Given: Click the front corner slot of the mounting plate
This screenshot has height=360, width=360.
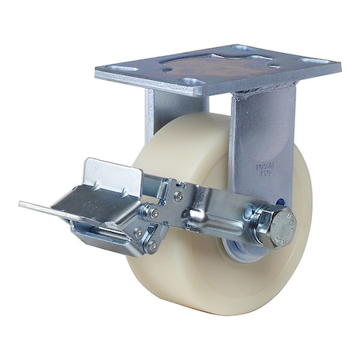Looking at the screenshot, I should tap(190, 82).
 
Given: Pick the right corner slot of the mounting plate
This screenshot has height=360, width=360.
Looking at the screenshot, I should tap(314, 61).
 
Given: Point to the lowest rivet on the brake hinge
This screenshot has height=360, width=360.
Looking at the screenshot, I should tap(152, 247).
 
